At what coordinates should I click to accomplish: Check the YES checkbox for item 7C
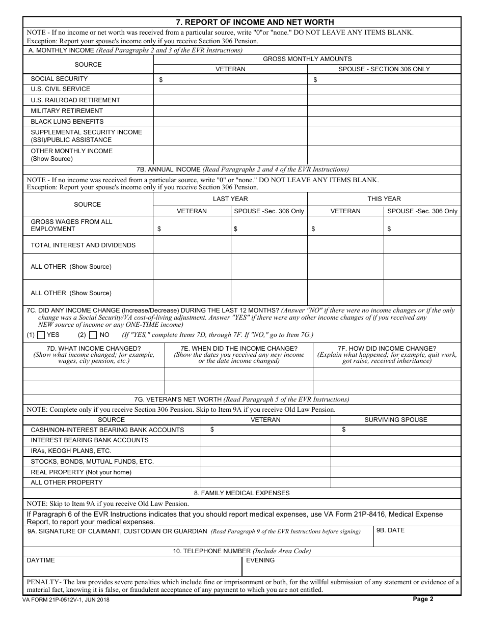[42, 335]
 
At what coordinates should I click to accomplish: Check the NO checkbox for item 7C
[93, 335]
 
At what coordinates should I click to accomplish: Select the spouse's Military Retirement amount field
[384, 111]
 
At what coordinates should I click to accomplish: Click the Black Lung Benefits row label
[67, 122]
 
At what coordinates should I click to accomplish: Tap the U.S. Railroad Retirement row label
[75, 100]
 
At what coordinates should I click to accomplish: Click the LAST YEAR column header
[230, 199]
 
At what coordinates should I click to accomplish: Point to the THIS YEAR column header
[384, 199]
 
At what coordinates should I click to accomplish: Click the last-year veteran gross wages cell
[192, 226]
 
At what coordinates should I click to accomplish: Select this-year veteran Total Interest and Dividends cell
[345, 245]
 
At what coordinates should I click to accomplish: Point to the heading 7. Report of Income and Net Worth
[255, 22]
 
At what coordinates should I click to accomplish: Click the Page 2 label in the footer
[423, 599]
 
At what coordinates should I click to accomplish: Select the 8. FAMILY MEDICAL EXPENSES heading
[241, 493]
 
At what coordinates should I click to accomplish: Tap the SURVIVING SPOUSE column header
[395, 420]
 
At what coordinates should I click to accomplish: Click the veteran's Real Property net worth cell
[265, 472]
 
